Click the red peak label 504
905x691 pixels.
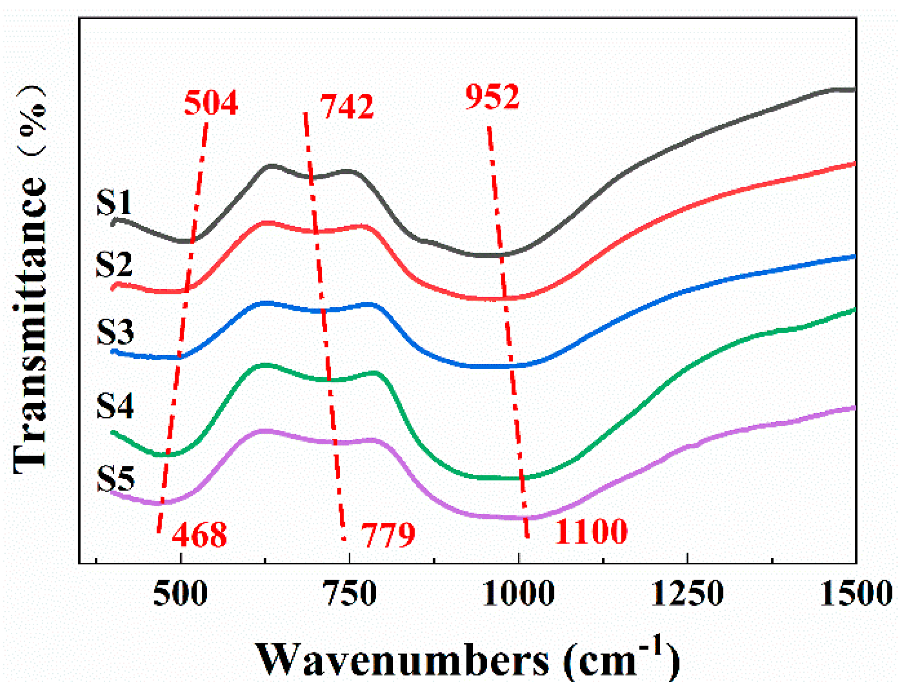210,103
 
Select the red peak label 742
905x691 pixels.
347,106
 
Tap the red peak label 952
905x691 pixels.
492,97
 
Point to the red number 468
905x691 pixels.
199,535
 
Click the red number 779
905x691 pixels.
388,535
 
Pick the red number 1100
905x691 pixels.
590,531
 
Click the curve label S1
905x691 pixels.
114,202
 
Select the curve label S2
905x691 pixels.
114,264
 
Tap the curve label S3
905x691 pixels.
115,332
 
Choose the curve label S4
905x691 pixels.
115,406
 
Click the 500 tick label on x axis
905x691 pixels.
180,593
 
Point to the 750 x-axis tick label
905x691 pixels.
350,593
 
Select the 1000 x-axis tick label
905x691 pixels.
518,593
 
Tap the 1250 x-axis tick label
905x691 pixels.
687,593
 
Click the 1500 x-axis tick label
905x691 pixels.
856,593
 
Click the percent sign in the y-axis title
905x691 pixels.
32,121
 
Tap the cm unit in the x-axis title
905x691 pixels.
607,661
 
